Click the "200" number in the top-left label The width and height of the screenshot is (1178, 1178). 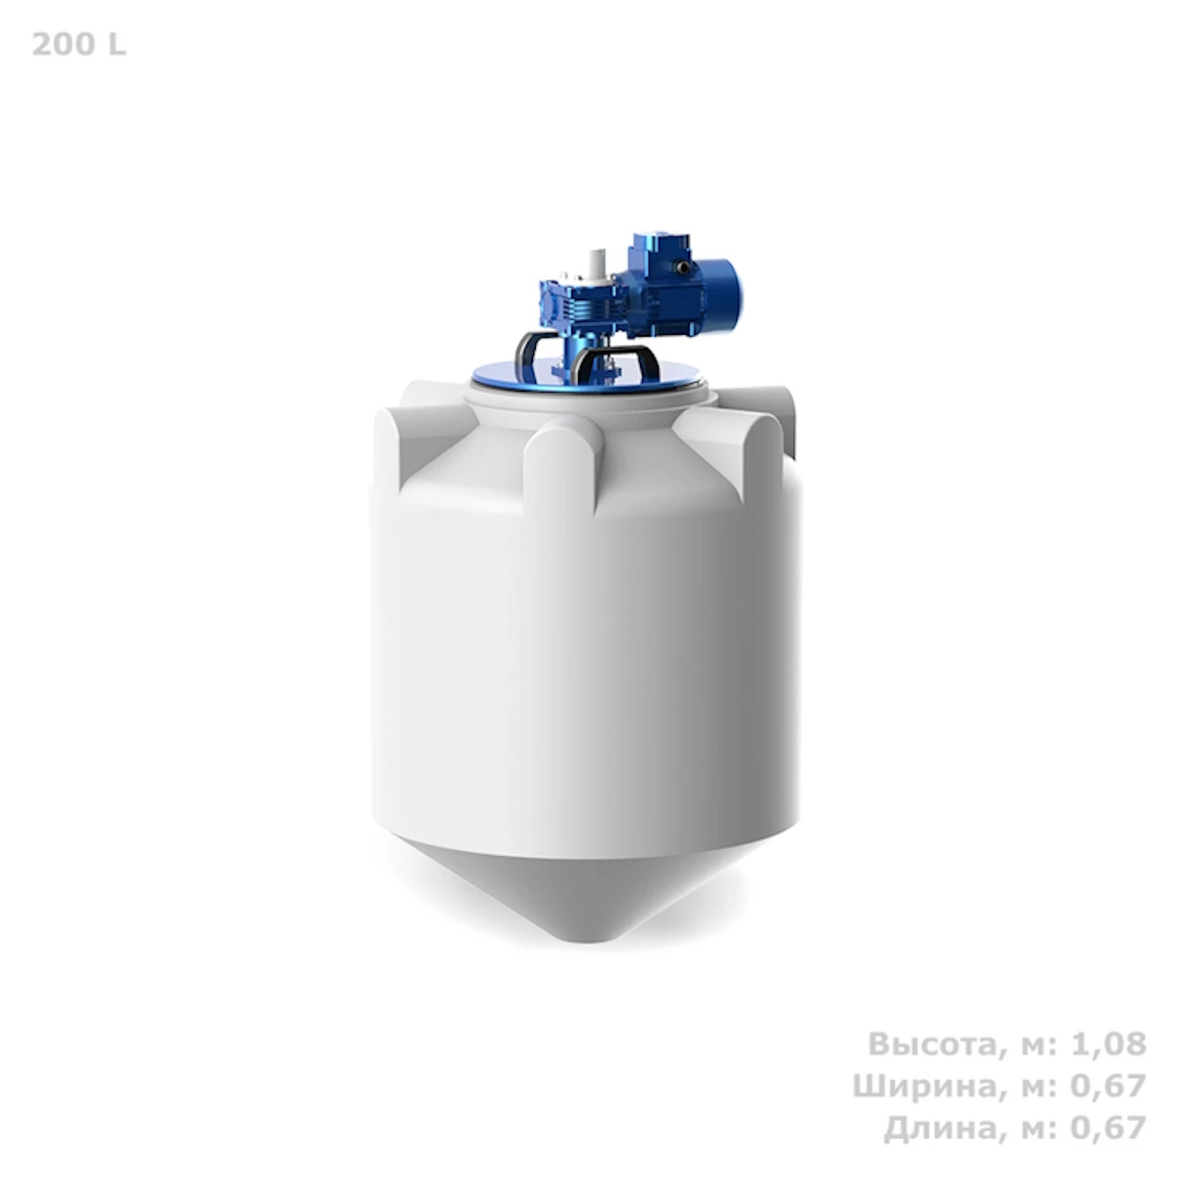coord(61,45)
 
